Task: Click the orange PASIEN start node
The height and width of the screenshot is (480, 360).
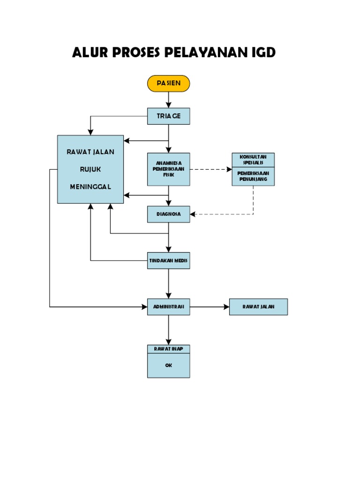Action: pos(168,83)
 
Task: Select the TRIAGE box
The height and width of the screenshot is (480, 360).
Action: pos(168,116)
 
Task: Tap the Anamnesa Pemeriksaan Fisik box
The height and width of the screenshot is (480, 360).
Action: pos(168,169)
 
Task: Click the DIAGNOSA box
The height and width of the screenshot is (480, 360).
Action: pos(168,214)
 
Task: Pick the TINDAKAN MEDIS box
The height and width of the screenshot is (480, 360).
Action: pos(168,261)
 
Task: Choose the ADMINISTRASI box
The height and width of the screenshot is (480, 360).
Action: pos(168,307)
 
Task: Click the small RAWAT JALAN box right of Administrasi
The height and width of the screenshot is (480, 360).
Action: pos(258,307)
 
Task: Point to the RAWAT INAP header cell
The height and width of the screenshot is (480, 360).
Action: pos(168,349)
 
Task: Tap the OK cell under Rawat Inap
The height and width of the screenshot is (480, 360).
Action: pos(168,366)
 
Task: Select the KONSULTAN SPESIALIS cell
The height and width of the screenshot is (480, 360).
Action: pos(253,159)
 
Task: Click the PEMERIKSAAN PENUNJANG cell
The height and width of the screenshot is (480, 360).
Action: pos(253,176)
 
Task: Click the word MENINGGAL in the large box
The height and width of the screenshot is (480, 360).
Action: pos(90,187)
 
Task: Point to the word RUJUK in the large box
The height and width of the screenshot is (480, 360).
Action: pos(90,169)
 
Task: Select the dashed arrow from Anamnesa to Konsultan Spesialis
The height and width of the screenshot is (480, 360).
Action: pos(210,169)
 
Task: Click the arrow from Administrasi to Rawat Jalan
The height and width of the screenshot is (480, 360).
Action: pos(209,307)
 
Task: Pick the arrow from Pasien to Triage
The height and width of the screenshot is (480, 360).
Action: pos(169,100)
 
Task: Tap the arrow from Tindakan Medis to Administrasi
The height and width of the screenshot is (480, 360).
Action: pos(169,283)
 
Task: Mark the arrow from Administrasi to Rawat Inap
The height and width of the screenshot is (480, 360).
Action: pos(169,330)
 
